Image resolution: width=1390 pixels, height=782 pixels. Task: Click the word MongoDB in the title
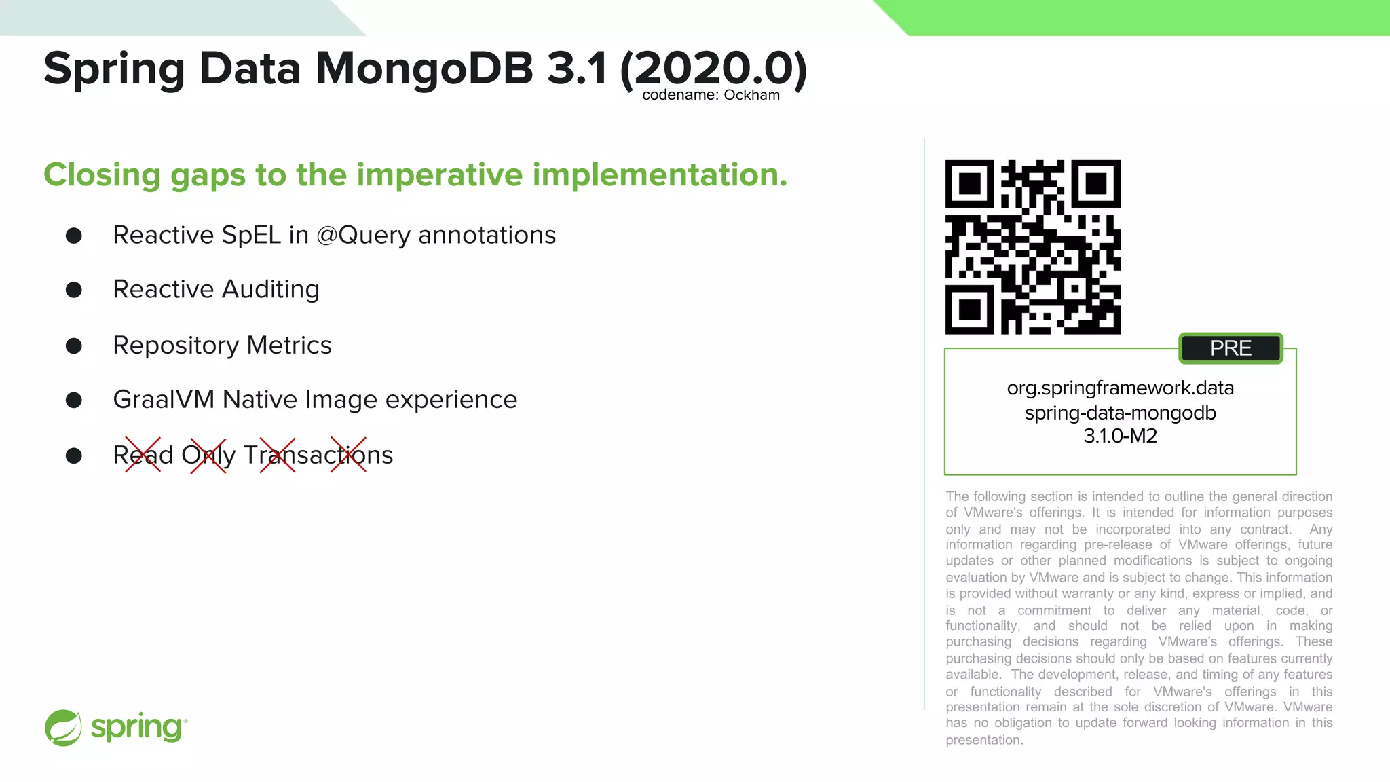coord(424,69)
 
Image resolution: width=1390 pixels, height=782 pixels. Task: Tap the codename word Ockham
coord(751,95)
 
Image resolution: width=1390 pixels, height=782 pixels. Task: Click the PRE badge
coord(1231,348)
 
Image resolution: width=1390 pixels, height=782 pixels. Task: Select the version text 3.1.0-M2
coord(1120,436)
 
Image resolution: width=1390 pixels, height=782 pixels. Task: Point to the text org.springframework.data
coord(1120,388)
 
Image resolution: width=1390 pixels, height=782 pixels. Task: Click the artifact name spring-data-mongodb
coord(1120,413)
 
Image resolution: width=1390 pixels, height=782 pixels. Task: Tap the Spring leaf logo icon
coord(63,728)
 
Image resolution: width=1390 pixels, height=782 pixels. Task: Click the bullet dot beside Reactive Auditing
coord(74,290)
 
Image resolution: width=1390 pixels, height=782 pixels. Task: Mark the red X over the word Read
coord(143,455)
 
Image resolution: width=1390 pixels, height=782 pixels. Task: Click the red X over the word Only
coord(208,455)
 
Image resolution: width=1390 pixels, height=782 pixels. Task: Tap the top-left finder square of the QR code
coord(970,184)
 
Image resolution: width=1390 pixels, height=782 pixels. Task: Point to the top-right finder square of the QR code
coord(1096,184)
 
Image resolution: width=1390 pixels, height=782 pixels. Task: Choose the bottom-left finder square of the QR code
coord(970,310)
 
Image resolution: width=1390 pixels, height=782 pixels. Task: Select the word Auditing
coord(270,290)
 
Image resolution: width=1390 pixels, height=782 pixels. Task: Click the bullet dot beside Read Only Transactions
coord(74,455)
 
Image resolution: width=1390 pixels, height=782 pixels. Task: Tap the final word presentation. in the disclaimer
coord(984,740)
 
